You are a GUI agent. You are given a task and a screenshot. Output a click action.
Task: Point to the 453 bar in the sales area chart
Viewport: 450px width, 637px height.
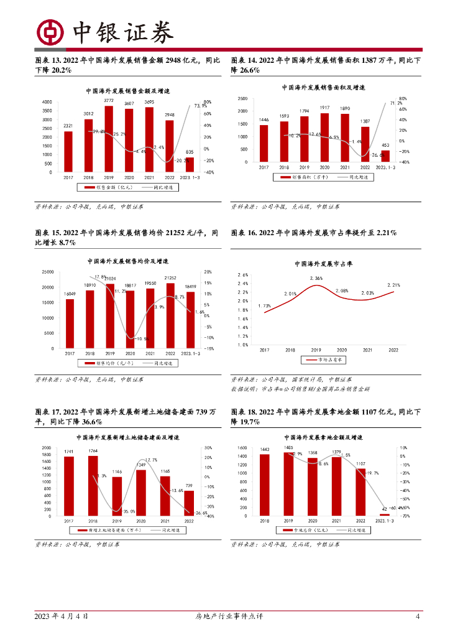click(385, 156)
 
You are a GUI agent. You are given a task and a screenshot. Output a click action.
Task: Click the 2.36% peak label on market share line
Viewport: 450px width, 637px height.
click(316, 278)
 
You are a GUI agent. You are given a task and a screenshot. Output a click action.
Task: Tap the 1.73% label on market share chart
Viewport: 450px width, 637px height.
click(264, 305)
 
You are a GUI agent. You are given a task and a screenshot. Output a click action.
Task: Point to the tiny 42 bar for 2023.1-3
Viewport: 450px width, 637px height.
click(385, 514)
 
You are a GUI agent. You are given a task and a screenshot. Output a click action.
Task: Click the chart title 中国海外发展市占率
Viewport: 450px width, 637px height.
click(323, 264)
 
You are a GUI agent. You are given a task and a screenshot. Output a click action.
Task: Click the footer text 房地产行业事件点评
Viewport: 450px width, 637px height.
click(225, 616)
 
